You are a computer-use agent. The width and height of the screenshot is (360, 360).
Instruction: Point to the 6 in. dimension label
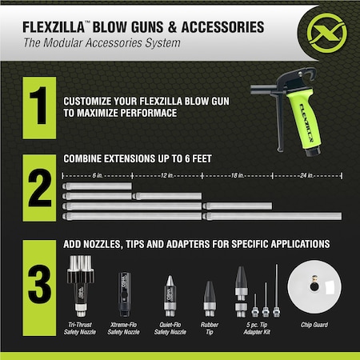click(x=96, y=174)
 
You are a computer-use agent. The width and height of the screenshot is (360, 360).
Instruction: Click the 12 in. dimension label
click(x=166, y=174)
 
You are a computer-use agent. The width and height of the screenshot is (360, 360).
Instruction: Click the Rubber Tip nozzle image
click(x=210, y=300)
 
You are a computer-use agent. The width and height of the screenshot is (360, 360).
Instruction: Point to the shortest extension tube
click(x=96, y=186)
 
